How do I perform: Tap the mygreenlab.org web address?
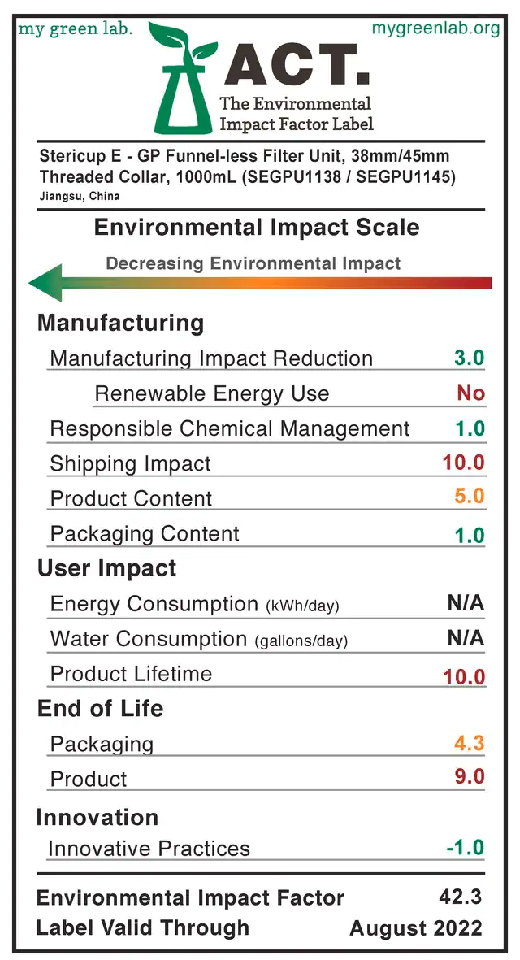(435, 28)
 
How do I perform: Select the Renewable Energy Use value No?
(470, 393)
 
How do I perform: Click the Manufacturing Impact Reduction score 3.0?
(470, 358)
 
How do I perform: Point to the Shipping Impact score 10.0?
(464, 463)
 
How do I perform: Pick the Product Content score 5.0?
(470, 496)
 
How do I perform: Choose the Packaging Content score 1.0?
(470, 535)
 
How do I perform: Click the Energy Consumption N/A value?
(466, 603)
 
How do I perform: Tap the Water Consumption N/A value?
(466, 638)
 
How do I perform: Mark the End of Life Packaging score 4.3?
(470, 743)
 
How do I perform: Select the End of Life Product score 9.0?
(470, 776)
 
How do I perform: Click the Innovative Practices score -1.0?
(466, 847)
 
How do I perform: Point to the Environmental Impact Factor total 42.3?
(461, 897)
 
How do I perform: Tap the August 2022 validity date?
(416, 928)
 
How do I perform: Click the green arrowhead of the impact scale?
(46, 283)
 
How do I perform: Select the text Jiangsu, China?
(80, 197)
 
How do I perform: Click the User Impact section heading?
(107, 568)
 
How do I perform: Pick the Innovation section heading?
(97, 818)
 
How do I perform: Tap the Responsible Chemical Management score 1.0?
(470, 428)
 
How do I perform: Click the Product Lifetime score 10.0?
(464, 677)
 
